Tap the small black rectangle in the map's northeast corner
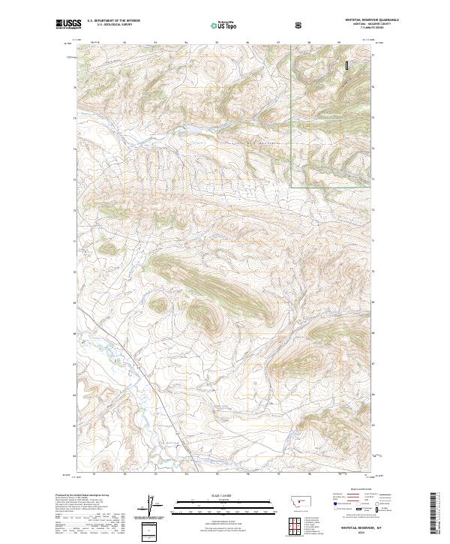(x=347, y=66)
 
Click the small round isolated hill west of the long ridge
(x=159, y=305)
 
